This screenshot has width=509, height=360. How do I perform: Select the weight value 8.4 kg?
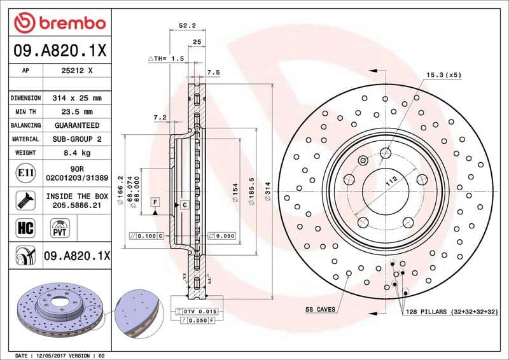[x=76, y=153]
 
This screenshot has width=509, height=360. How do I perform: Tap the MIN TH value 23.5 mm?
[x=76, y=112]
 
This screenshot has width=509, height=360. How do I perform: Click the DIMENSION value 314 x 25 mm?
[x=76, y=98]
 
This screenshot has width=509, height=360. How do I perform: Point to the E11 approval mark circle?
[x=22, y=172]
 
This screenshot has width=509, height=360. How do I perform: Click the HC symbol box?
[x=22, y=226]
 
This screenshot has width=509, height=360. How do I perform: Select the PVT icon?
[x=60, y=227]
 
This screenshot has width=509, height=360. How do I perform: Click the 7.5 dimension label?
[x=213, y=73]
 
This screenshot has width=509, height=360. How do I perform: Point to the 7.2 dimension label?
[x=160, y=118]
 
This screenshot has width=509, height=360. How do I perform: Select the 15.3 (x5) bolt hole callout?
[x=443, y=75]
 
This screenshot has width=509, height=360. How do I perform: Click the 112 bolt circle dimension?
[x=391, y=181]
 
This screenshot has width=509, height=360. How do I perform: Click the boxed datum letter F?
[x=155, y=202]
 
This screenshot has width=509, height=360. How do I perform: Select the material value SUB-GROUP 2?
[x=76, y=139]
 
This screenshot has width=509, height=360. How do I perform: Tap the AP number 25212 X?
[x=76, y=71]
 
